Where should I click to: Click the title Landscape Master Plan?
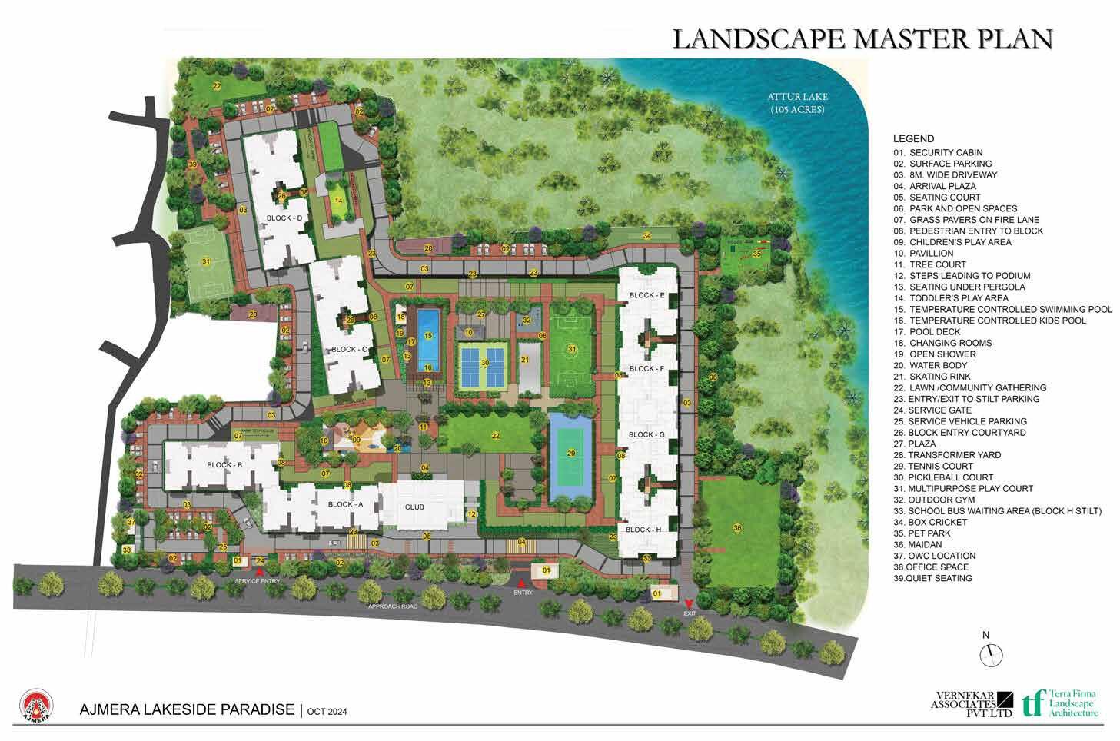pyautogui.click(x=862, y=38)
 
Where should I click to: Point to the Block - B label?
pyautogui.click(x=224, y=465)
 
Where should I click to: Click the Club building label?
pyautogui.click(x=414, y=507)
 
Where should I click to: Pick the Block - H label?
pyautogui.click(x=643, y=530)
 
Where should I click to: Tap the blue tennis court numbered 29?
pyautogui.click(x=570, y=458)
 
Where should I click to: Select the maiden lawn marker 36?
pyautogui.click(x=737, y=527)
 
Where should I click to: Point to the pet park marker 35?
pyautogui.click(x=756, y=253)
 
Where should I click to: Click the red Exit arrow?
pyautogui.click(x=689, y=603)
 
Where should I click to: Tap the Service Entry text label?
pyautogui.click(x=258, y=582)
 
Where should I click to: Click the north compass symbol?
pyautogui.click(x=992, y=654)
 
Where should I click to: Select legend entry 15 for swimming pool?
pyautogui.click(x=1002, y=309)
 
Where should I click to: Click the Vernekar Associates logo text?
pyautogui.click(x=964, y=703)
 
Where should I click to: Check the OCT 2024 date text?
pyautogui.click(x=327, y=712)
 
